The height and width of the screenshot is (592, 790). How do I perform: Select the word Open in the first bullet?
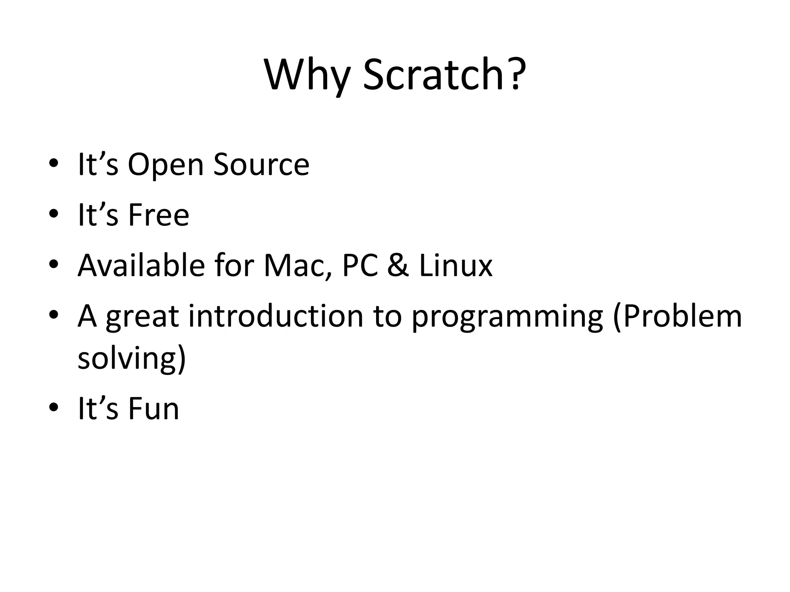click(x=165, y=165)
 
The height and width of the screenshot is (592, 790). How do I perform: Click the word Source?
click(x=261, y=165)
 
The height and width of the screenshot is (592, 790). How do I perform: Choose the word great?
click(x=142, y=317)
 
